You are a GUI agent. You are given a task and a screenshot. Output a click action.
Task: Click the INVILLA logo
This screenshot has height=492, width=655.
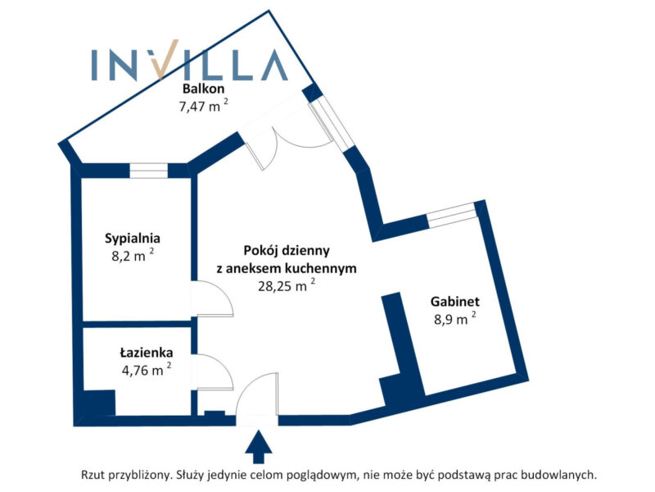tap(188, 65)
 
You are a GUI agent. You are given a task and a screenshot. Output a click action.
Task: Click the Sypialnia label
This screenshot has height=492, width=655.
tap(132, 239)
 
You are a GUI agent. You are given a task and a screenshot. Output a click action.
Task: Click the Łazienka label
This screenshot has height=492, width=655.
tap(145, 353)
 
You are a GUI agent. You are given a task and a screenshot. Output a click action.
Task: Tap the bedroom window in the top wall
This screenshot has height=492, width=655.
tap(148, 171)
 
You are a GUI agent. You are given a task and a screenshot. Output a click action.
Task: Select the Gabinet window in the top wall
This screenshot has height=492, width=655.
tap(451, 216)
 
